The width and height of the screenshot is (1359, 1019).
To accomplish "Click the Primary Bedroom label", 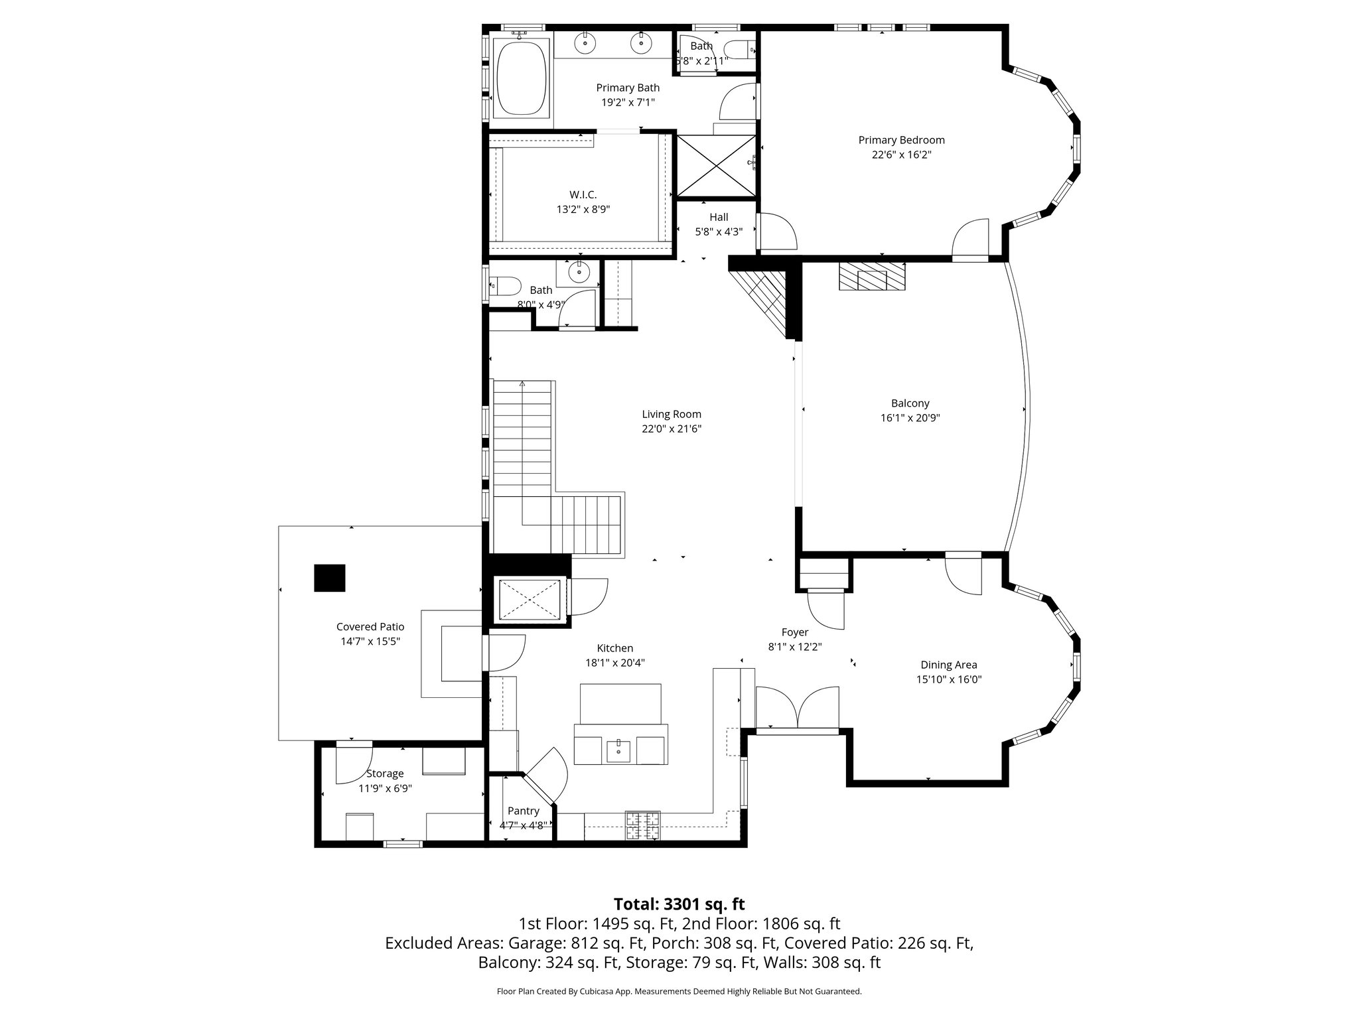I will tap(901, 140).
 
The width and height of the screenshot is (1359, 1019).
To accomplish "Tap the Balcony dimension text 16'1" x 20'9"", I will tap(910, 418).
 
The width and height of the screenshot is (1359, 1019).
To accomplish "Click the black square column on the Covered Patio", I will tap(330, 578).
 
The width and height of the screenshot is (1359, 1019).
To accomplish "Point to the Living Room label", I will tap(672, 414).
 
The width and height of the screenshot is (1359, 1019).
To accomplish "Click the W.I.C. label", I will tap(583, 194).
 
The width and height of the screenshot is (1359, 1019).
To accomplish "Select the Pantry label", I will tap(523, 811).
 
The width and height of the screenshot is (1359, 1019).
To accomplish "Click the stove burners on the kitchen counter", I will tap(643, 825).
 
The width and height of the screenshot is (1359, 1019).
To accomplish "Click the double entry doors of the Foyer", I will tap(798, 709).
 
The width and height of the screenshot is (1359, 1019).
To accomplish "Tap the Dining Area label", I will tap(948, 665).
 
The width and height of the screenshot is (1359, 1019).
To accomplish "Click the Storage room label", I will tap(385, 774).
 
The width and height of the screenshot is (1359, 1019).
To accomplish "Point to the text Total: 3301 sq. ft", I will tap(679, 904).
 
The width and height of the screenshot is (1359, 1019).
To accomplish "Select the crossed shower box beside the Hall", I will tap(716, 166).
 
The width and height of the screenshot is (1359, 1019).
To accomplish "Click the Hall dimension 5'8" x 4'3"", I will tap(719, 232).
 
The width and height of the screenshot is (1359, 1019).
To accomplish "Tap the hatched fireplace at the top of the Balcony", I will tap(871, 276).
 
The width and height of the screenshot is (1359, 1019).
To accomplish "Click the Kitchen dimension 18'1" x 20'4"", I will tap(614, 663).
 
